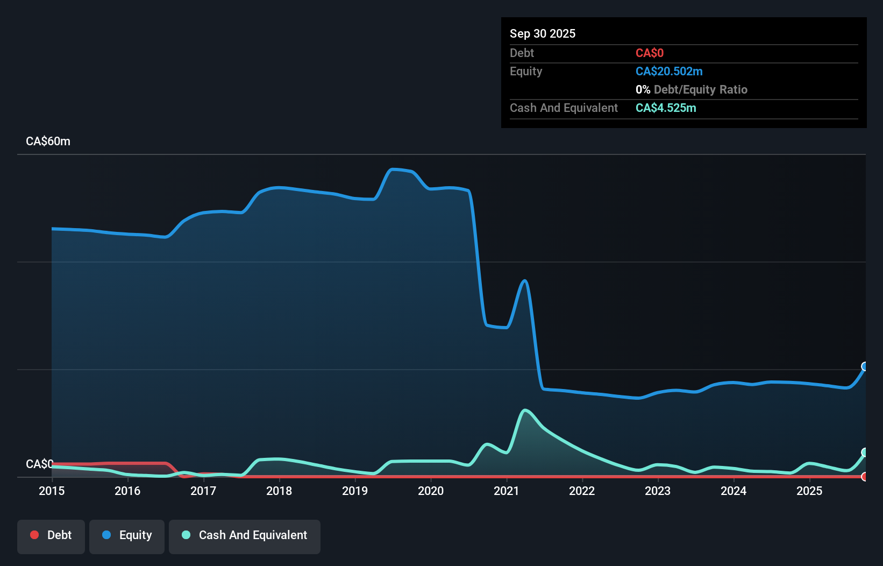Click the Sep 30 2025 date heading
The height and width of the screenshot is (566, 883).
(x=542, y=33)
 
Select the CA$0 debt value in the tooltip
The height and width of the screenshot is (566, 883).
(x=649, y=53)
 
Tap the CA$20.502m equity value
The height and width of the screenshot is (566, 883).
(x=668, y=71)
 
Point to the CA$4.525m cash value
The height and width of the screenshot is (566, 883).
(x=665, y=108)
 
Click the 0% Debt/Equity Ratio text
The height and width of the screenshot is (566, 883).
(x=691, y=89)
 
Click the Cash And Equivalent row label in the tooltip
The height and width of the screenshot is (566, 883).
(x=564, y=108)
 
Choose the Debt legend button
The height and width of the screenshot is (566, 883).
(x=51, y=535)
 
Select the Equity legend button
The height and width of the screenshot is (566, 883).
(x=127, y=535)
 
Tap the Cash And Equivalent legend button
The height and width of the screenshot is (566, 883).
(x=245, y=535)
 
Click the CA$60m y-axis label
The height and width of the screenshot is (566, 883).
(x=48, y=141)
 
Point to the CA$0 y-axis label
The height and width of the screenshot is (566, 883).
(x=39, y=464)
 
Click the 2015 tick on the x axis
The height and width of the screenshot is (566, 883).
(x=52, y=491)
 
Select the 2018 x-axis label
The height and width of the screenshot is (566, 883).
(x=279, y=491)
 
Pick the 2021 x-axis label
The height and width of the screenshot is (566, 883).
(x=507, y=491)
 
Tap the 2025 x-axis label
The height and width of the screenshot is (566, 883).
(x=809, y=491)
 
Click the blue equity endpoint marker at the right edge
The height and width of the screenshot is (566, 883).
(x=865, y=366)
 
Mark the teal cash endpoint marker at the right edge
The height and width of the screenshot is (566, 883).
(x=865, y=452)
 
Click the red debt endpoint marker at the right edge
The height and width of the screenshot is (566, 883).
(x=865, y=477)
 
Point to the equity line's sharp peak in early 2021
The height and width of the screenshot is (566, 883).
(x=525, y=281)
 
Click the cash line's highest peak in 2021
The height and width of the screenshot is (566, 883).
(x=525, y=411)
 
